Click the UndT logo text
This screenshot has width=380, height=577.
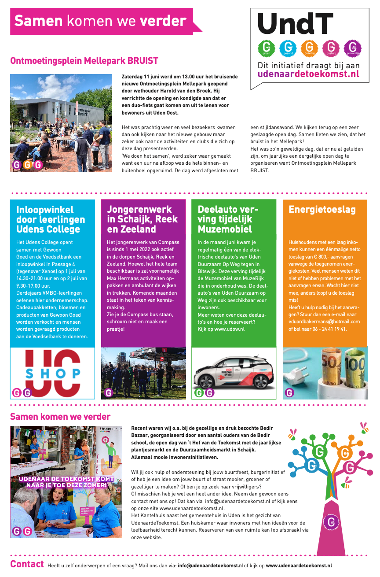(x=295, y=24)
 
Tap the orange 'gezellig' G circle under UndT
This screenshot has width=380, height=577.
(x=309, y=47)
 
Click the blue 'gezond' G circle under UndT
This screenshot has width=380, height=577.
(x=288, y=47)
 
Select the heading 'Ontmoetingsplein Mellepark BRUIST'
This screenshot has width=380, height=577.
(x=84, y=61)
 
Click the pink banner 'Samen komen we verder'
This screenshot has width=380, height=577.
(x=100, y=21)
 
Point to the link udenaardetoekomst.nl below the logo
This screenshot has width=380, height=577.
(x=308, y=74)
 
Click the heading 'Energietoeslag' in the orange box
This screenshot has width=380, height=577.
(x=322, y=210)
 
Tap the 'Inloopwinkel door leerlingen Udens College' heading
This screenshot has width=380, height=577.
(x=51, y=219)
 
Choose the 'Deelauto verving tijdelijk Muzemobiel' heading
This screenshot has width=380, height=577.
(x=228, y=219)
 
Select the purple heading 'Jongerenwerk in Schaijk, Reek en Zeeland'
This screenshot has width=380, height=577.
(x=142, y=219)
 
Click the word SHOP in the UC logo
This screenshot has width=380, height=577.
(x=53, y=373)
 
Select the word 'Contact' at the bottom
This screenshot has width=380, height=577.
(x=27, y=564)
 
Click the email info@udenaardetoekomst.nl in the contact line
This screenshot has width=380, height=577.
(x=210, y=566)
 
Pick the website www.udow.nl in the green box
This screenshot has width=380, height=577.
(x=227, y=329)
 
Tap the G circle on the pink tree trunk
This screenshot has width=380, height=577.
(x=331, y=522)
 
